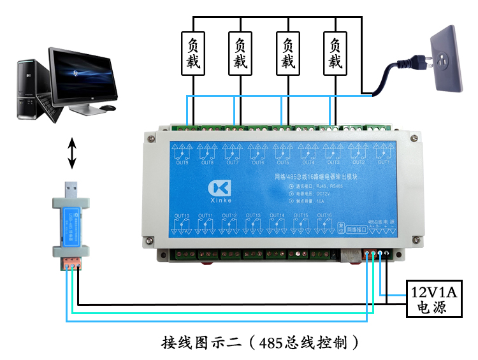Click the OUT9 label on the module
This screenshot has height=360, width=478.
click(x=182, y=162)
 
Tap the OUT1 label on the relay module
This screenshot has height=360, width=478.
click(x=383, y=162)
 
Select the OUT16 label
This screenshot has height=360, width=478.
click(x=324, y=215)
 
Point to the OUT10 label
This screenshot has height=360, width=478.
click(x=182, y=215)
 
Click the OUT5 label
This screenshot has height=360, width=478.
click(x=282, y=162)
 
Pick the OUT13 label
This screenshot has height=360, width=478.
click(x=253, y=215)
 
